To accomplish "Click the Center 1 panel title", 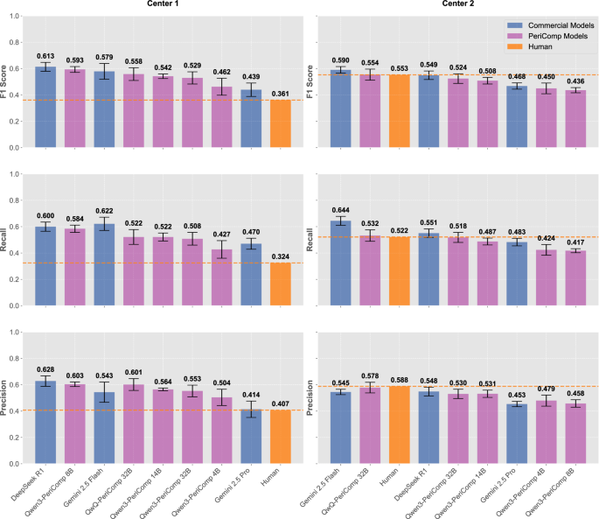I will coord(164,4).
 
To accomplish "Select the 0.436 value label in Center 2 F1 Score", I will coord(576,81).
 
